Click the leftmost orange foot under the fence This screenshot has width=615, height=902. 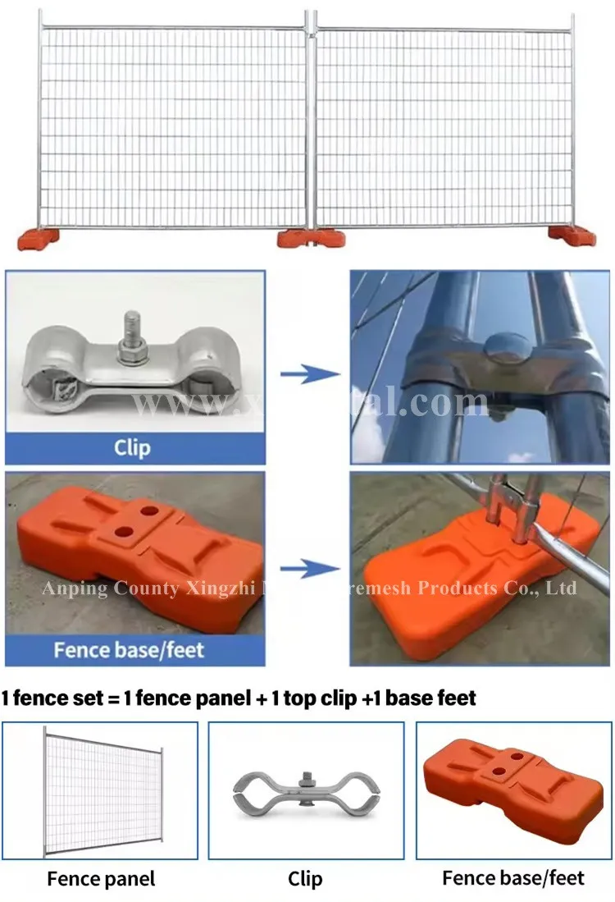pyautogui.click(x=38, y=238)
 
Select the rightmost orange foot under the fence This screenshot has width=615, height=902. pyautogui.click(x=572, y=236)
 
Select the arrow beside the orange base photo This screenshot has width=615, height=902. pyautogui.click(x=309, y=568)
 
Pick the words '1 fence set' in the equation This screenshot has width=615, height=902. pyautogui.click(x=49, y=698)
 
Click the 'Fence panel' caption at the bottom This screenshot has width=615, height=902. pyautogui.click(x=100, y=879)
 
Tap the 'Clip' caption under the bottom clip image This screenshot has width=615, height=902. pyautogui.click(x=305, y=879)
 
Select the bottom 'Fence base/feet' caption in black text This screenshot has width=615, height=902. pyautogui.click(x=513, y=878)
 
